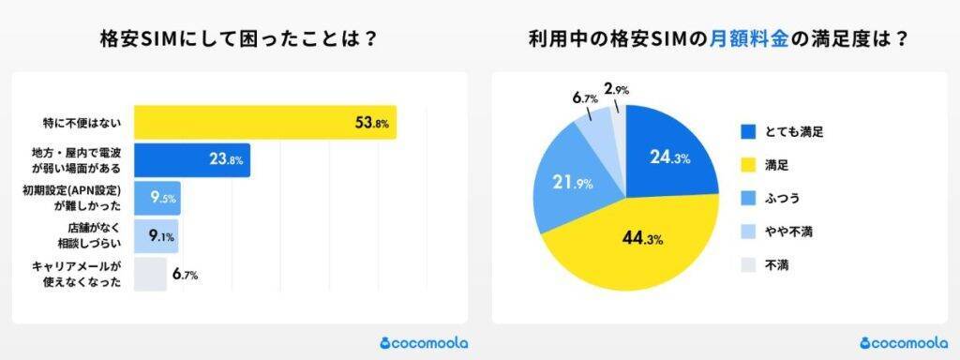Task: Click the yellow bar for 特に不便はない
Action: click(x=264, y=123)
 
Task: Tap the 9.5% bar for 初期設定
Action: click(x=157, y=199)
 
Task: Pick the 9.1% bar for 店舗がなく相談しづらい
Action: click(x=156, y=236)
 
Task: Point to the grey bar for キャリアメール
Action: click(x=150, y=274)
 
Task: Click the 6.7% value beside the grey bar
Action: click(x=185, y=275)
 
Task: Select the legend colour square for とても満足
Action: click(x=748, y=131)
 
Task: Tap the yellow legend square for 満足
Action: click(x=748, y=165)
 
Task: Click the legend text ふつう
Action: click(x=785, y=198)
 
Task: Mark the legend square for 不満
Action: click(x=748, y=264)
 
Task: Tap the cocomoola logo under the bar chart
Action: click(x=424, y=342)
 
